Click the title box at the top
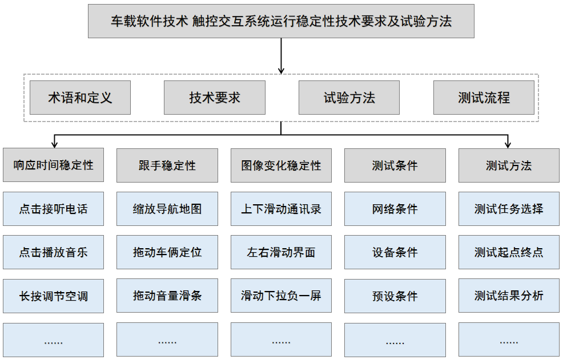(281, 22)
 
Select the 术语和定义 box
(80, 98)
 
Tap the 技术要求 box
(215, 98)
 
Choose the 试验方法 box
(349, 98)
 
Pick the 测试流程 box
(484, 98)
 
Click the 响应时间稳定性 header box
(53, 165)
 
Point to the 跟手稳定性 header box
(167, 165)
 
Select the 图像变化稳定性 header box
(281, 165)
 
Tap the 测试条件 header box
(395, 165)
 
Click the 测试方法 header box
(509, 165)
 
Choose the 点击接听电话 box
(53, 209)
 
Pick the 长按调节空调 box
(53, 296)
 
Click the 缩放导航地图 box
(167, 209)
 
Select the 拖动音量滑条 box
(167, 296)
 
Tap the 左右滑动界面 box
(281, 252)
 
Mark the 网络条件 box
(395, 209)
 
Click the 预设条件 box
(395, 296)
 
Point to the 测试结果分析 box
(509, 296)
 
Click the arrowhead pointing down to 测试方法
(508, 145)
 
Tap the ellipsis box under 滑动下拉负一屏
(281, 340)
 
